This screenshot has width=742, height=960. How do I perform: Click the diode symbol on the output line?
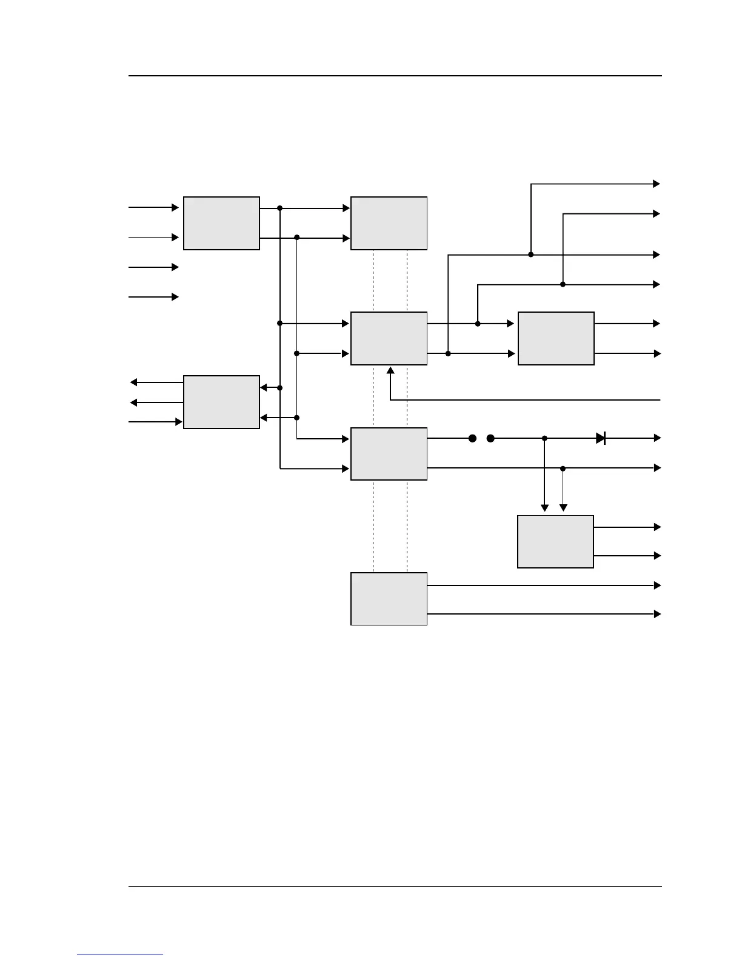(x=601, y=438)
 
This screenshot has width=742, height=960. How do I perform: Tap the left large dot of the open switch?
(x=473, y=438)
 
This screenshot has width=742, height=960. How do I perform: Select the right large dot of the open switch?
(x=490, y=438)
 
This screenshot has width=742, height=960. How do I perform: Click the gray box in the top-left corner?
(x=221, y=223)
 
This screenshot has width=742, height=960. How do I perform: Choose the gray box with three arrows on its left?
(x=221, y=402)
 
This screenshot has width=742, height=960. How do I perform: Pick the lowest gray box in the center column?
(x=389, y=599)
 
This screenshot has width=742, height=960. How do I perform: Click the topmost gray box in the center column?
(x=389, y=223)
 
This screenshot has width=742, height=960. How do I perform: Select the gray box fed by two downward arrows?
(x=555, y=541)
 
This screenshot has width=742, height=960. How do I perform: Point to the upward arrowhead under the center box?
(x=390, y=370)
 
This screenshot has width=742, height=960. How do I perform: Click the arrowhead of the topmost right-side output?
(x=656, y=184)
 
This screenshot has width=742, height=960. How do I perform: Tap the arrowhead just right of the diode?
(x=657, y=438)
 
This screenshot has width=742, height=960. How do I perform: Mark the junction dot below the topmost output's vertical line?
(x=531, y=255)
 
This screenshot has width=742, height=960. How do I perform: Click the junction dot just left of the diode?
(x=544, y=438)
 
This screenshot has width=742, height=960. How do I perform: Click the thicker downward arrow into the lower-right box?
(x=544, y=508)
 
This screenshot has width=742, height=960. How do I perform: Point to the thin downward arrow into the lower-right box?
(x=563, y=508)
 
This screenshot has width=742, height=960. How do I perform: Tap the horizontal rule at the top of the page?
(x=395, y=76)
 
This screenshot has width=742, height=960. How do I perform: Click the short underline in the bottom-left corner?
(x=120, y=955)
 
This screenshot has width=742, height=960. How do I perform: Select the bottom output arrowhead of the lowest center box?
(x=657, y=614)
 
